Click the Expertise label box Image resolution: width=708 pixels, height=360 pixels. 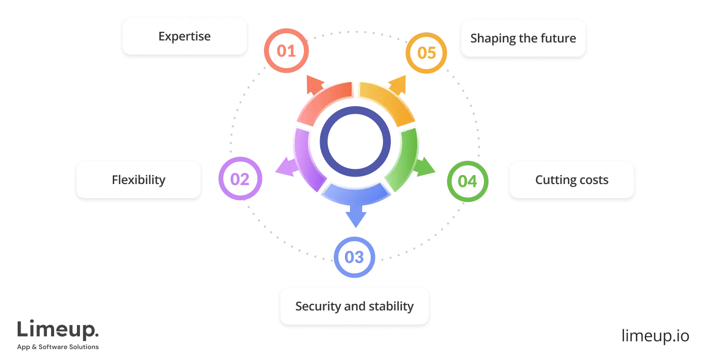[184, 36]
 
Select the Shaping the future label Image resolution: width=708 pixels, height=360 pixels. [523, 38]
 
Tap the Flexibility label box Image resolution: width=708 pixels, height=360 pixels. [139, 179]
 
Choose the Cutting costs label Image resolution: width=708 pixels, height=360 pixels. [571, 179]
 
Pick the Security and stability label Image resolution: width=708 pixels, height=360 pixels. [354, 306]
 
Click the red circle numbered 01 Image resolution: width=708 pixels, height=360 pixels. [286, 51]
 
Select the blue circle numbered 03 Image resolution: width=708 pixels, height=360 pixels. [355, 257]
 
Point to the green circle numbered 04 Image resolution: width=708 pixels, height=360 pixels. [467, 181]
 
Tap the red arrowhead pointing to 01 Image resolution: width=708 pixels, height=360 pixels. [315, 86]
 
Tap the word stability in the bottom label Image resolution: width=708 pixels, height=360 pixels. [390, 306]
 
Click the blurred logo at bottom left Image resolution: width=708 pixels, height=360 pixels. [58, 334]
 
